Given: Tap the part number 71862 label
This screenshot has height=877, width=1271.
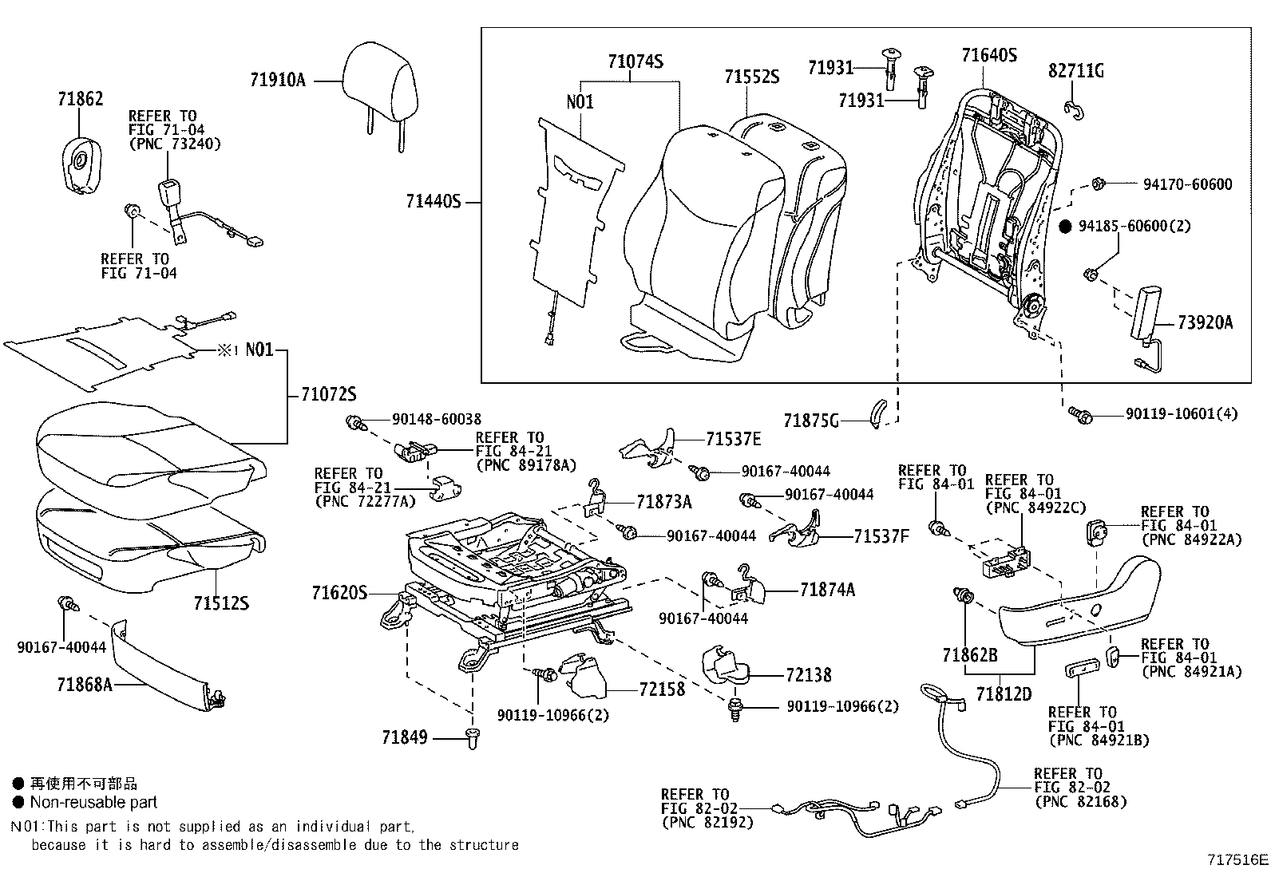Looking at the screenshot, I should pyautogui.click(x=80, y=100).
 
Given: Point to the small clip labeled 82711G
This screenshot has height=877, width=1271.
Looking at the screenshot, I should pyautogui.click(x=1074, y=110).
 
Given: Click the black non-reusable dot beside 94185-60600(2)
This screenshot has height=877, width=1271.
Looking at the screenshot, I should pyautogui.click(x=1064, y=227).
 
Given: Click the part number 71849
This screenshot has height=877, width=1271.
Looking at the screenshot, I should pyautogui.click(x=404, y=737).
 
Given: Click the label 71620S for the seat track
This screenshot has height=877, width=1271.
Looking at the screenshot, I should pyautogui.click(x=339, y=593).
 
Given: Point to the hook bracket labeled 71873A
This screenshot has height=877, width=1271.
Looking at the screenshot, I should pyautogui.click(x=596, y=496).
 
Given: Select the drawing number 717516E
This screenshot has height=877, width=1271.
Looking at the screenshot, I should pyautogui.click(x=1236, y=860).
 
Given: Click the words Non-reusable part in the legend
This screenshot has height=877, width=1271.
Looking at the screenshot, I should pyautogui.click(x=93, y=803).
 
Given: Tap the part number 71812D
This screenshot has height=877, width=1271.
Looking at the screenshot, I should pyautogui.click(x=1004, y=694).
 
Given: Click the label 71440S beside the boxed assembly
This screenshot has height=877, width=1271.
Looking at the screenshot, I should pyautogui.click(x=434, y=202).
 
